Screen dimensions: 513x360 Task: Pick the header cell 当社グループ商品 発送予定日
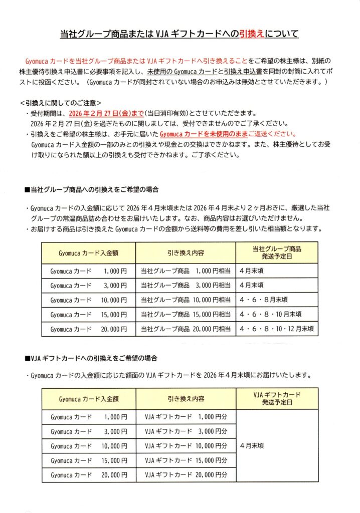coord(277,251)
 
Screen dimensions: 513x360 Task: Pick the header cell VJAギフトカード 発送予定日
coord(277,399)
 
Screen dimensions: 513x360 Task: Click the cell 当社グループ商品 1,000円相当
coord(186,271)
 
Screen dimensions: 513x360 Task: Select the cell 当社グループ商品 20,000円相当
coord(186,329)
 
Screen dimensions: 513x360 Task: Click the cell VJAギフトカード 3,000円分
coord(186,431)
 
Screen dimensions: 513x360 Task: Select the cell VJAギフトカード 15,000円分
coord(186,460)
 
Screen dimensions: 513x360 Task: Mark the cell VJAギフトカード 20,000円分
coord(186,474)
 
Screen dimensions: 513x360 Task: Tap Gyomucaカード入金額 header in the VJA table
coord(89,399)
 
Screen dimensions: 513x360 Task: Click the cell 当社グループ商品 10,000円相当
coord(186,300)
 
